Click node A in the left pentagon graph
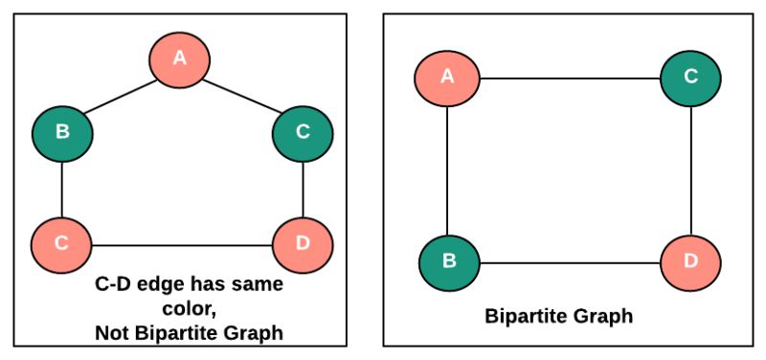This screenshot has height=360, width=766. click(x=179, y=59)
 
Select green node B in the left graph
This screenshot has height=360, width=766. click(x=62, y=132)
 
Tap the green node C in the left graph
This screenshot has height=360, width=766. click(x=303, y=132)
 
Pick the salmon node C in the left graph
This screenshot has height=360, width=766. click(x=61, y=243)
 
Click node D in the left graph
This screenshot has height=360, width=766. click(x=303, y=243)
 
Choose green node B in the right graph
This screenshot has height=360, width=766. click(x=449, y=261)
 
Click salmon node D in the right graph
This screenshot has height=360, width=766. click(x=690, y=261)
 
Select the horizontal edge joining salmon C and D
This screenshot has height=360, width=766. click(x=182, y=244)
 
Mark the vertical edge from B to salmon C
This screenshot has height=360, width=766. click(x=62, y=188)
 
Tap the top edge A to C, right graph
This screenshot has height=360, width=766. click(x=570, y=79)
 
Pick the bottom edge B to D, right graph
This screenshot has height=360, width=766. click(x=570, y=262)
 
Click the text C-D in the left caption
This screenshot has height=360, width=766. click(x=116, y=284)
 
